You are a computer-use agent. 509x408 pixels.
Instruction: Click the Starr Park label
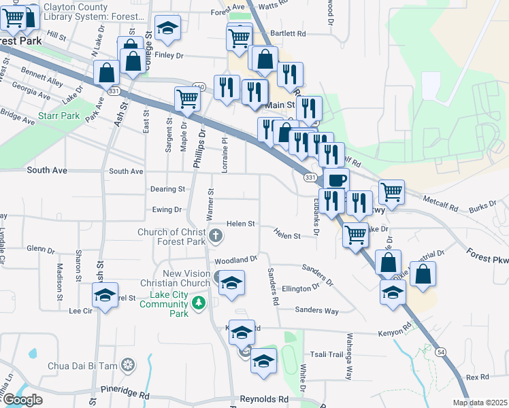click(59, 116)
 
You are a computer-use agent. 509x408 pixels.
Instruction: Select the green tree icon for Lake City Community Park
click(199, 302)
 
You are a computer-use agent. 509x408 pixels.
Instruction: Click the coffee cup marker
click(335, 180)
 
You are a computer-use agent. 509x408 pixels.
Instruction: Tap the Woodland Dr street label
click(235, 260)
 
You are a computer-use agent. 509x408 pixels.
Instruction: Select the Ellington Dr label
click(301, 288)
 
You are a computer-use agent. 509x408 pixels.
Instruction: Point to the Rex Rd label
click(478, 377)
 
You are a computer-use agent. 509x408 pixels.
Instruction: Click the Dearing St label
click(167, 189)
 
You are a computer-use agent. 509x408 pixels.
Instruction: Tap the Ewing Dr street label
click(167, 210)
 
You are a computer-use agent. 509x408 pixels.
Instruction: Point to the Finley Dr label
click(169, 56)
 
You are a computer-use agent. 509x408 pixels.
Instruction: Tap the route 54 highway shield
click(442, 351)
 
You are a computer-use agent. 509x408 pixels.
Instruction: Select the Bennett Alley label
click(42, 76)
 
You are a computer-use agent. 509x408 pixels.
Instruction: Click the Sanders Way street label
click(316, 311)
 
